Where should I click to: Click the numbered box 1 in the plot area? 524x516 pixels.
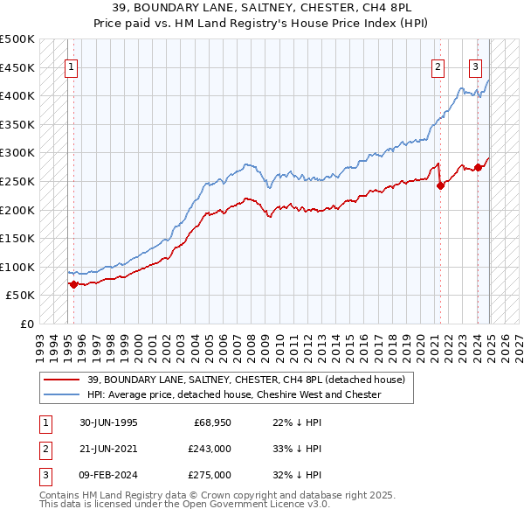[71, 66]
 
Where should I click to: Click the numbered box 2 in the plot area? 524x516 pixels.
[438, 66]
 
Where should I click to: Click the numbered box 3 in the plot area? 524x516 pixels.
[476, 66]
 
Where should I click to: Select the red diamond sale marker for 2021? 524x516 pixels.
[440, 185]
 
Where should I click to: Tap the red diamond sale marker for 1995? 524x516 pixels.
[72, 284]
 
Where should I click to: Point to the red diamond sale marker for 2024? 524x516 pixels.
[479, 167]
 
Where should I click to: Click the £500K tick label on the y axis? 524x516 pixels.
[17, 39]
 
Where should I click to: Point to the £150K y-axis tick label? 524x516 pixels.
[17, 238]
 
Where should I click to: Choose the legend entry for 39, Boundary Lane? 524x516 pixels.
[246, 380]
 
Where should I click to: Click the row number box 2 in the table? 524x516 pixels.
[45, 449]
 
